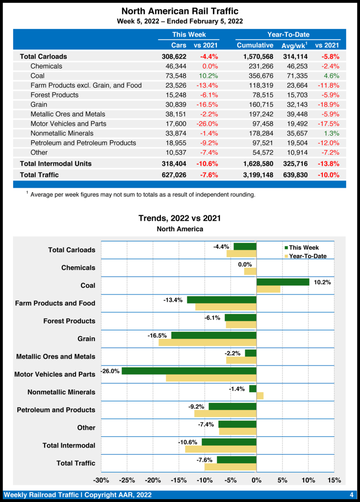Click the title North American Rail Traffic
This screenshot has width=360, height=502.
[180, 11]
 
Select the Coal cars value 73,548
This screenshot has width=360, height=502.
[174, 76]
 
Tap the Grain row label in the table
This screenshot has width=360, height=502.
[39, 104]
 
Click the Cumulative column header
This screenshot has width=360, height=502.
[255, 45]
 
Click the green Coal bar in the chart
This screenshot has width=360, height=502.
[283, 282]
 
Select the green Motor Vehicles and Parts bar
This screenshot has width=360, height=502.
[189, 371]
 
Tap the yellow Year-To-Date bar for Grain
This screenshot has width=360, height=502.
[207, 342]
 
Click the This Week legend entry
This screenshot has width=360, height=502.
[304, 248]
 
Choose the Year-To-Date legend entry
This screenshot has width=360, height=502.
[308, 256]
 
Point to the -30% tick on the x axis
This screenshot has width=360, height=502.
[101, 480]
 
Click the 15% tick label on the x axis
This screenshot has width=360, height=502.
[334, 480]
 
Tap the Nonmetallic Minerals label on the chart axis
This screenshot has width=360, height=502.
[61, 392]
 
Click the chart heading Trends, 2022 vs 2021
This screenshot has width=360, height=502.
[180, 218]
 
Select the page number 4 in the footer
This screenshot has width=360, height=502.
[352, 495]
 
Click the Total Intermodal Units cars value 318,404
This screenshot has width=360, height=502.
[174, 163]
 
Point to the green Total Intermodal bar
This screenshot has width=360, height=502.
[229, 442]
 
